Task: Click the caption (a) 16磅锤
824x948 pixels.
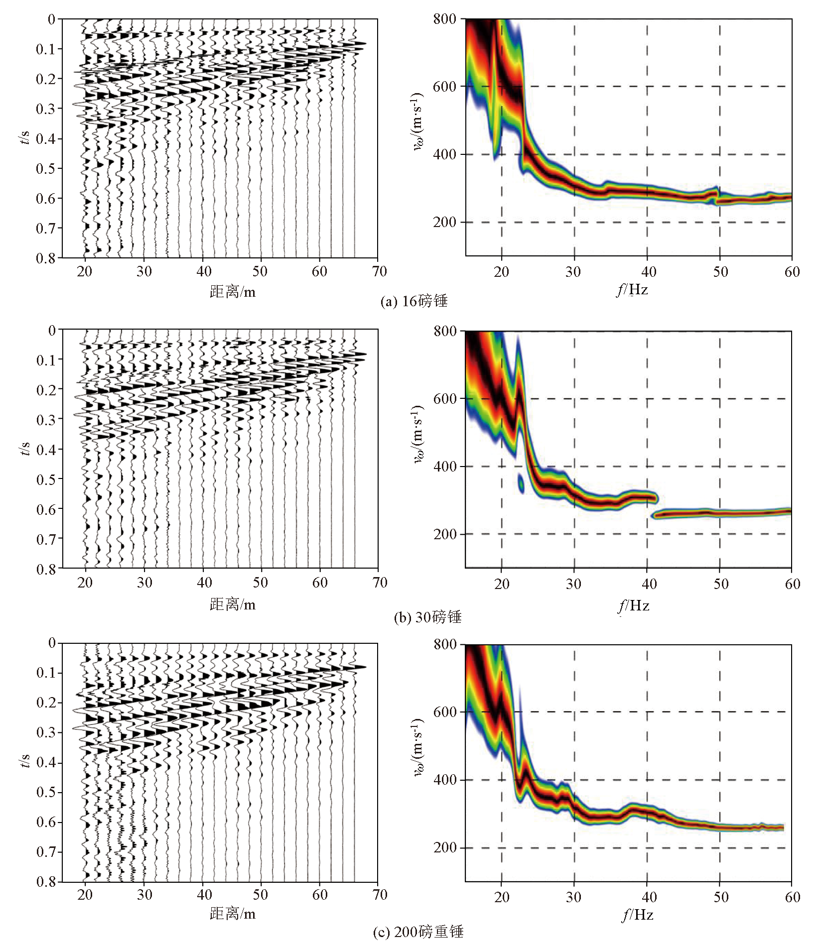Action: point(413,301)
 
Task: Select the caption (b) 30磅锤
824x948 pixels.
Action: point(427,617)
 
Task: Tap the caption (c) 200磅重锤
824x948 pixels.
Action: point(418,932)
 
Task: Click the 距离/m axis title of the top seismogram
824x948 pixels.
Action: point(233,292)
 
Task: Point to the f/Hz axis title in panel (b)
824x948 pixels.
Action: point(634,605)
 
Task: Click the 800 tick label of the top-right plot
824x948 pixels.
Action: point(444,19)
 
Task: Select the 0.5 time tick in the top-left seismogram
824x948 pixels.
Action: point(46,168)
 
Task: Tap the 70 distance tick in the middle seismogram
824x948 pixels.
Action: point(380,583)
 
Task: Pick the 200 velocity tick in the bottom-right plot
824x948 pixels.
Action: point(445,848)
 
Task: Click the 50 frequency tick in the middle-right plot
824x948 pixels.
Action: point(720,584)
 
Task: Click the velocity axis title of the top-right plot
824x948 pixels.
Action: point(417,121)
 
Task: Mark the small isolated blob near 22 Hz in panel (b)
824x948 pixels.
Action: point(521,483)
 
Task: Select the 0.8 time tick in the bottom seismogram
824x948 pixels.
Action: point(46,882)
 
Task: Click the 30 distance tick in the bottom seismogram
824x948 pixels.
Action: point(144,895)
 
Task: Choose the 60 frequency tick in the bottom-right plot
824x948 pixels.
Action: point(792,897)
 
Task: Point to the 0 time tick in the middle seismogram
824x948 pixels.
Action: point(51,330)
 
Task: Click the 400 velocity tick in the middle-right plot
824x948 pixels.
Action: point(445,467)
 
